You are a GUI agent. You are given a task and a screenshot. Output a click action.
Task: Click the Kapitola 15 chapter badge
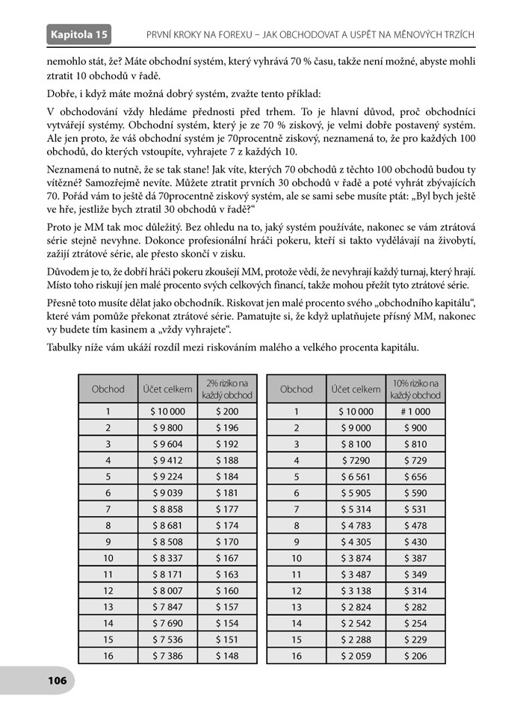pos(78,34)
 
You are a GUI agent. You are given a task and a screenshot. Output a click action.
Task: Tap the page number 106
pos(57,680)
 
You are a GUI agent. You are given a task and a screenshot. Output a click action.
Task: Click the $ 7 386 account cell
pos(167,655)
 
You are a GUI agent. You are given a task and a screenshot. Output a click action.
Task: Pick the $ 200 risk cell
pos(227,410)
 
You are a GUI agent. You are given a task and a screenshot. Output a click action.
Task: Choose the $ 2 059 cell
pos(356,655)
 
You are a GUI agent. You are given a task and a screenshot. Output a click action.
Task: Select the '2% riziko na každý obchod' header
pos(227,388)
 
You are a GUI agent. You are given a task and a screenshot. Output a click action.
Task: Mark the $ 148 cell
pos(227,655)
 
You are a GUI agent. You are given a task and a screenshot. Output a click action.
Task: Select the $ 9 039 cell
pos(167,492)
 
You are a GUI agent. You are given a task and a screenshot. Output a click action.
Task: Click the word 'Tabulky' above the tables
pos(65,347)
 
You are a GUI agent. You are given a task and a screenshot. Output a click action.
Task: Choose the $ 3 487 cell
pos(356,574)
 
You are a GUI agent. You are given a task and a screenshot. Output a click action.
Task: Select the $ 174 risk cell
pos(227,525)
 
